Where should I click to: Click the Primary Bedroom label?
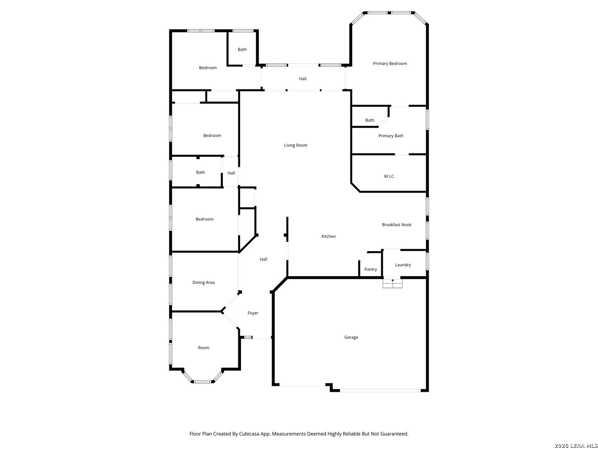[x=390, y=64]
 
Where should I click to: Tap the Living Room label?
[x=296, y=146]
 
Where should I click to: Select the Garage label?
[x=351, y=337]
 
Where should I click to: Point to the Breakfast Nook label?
[x=397, y=224]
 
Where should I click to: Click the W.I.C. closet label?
[x=389, y=176]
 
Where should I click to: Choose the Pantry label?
[x=370, y=269]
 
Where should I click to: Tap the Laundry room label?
[x=403, y=265]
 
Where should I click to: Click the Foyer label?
[x=253, y=313]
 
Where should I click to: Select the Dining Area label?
[x=203, y=282]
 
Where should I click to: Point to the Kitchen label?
[x=328, y=237]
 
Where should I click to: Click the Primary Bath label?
[x=391, y=136]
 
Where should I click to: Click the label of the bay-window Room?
[x=203, y=348]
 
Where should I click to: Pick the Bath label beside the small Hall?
[x=201, y=172]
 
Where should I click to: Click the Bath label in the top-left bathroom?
[x=242, y=49]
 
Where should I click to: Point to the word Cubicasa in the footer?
[x=250, y=434]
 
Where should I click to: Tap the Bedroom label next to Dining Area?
[x=204, y=219]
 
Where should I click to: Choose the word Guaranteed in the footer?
[x=393, y=434]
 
